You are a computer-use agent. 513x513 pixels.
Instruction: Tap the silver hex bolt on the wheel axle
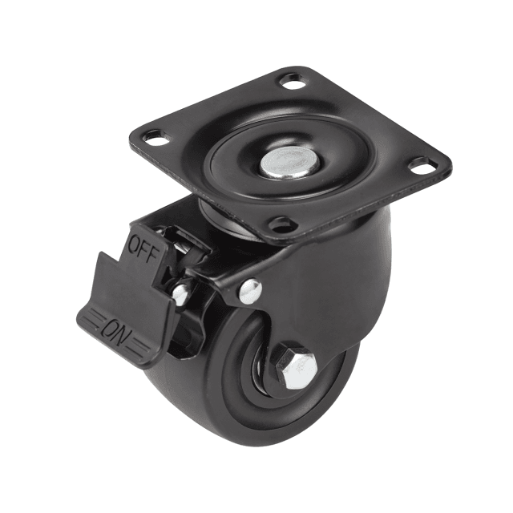pyautogui.click(x=297, y=366)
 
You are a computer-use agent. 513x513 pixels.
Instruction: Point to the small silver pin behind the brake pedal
pyautogui.click(x=181, y=294)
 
